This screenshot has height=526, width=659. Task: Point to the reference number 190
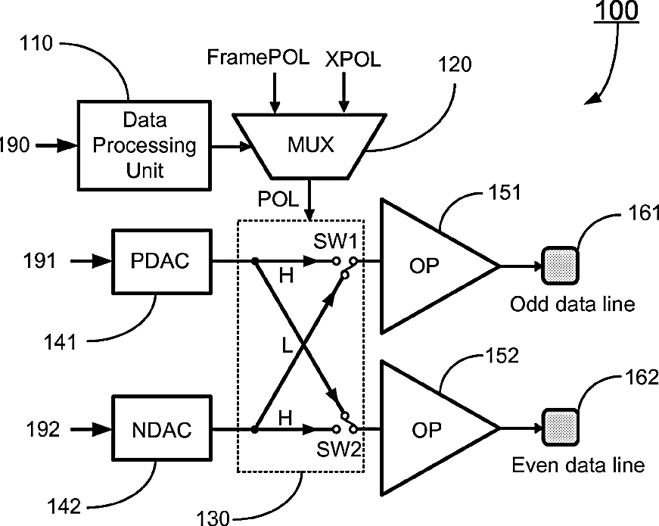(15, 144)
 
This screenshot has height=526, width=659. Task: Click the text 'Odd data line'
(572, 305)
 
